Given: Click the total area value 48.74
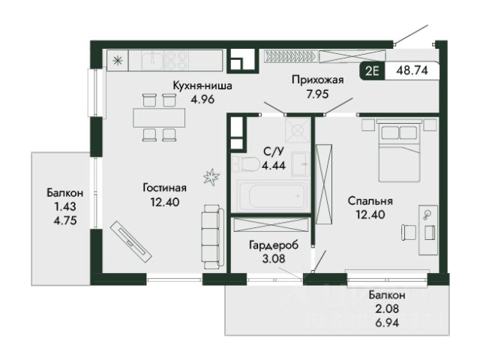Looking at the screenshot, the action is click(412, 70).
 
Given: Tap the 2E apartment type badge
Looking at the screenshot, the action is click(373, 71).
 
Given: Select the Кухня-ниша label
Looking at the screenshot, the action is click(202, 85).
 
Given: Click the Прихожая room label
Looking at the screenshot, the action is click(318, 80).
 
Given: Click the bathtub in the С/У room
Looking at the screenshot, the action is click(271, 195).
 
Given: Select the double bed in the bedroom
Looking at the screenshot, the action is click(399, 151).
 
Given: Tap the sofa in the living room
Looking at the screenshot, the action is click(212, 237).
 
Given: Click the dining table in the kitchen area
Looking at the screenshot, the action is click(159, 117).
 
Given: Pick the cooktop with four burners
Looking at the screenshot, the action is click(176, 61).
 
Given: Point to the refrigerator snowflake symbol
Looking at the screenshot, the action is click(118, 61).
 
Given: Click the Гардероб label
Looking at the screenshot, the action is click(274, 245).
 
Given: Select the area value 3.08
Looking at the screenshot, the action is click(274, 259).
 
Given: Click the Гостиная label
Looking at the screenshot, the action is click(165, 187).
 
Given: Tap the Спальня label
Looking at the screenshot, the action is click(370, 201).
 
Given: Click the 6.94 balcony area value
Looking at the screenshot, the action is click(387, 322).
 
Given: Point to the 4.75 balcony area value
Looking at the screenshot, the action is click(65, 220).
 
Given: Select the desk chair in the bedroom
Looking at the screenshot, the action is click(409, 232).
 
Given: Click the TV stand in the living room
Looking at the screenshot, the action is click(131, 241).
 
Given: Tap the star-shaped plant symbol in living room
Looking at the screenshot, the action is click(211, 177).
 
